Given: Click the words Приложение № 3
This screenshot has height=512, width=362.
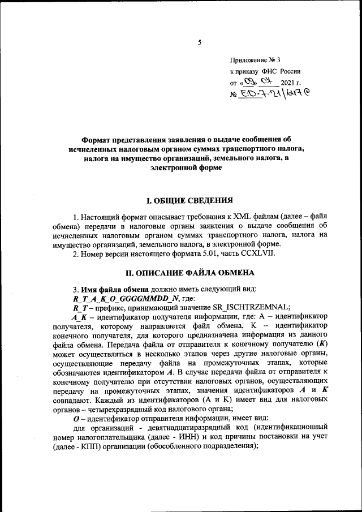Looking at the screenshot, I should point(254,60).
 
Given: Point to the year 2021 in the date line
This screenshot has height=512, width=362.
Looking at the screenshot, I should point(287,83).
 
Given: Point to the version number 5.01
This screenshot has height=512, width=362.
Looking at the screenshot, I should point(206,253).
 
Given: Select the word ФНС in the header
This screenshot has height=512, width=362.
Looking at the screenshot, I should point(269,72).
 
